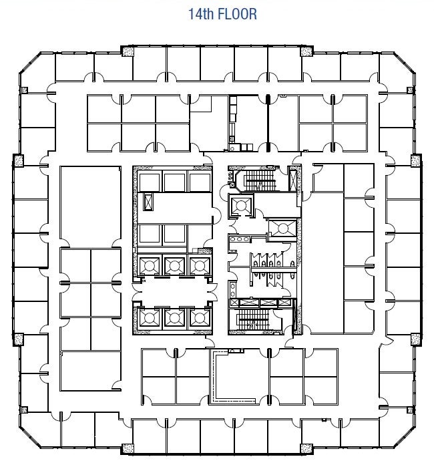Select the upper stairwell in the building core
pos(259,180)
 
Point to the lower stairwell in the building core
pos(253,319)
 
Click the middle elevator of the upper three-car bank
pos(174,265)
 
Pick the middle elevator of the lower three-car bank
pos(174,318)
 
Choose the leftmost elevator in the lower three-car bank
pos(150,318)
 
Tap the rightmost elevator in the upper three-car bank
pos(200,265)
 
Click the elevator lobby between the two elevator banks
pos(174,291)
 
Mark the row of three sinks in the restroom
pos(239,239)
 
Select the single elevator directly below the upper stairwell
pos(241,205)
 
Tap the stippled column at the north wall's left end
pos(128,51)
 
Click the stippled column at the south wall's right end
pos(306,448)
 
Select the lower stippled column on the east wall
pos(416,339)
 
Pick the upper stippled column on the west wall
pos(19,160)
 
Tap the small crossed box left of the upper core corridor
pos(148,202)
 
